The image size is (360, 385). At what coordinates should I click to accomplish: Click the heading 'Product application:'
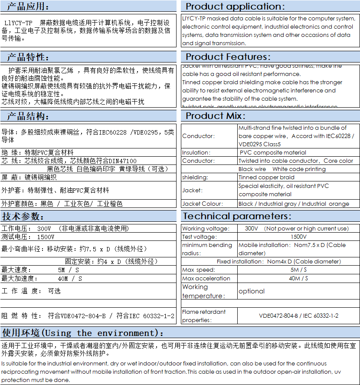pyautogui.click(x=236, y=6)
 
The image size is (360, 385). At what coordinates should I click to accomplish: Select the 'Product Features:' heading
pyautogui.click(x=228, y=57)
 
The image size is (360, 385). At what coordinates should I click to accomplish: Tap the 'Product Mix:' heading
pyautogui.click(x=216, y=116)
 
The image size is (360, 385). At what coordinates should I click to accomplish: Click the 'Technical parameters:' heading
pyautogui.click(x=237, y=216)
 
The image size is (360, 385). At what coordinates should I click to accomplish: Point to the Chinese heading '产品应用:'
pyautogui.click(x=28, y=6)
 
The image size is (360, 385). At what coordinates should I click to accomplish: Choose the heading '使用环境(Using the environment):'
pyautogui.click(x=83, y=333)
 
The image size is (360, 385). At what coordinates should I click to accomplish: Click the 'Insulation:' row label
pyautogui.click(x=196, y=152)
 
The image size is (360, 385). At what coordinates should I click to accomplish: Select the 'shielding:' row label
pyautogui.click(x=195, y=177)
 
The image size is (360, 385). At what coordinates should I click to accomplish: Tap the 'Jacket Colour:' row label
pyautogui.click(x=203, y=204)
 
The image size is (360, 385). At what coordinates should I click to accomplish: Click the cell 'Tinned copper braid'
pyautogui.click(x=266, y=177)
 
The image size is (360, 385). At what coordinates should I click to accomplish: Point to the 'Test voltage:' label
pyautogui.click(x=199, y=237)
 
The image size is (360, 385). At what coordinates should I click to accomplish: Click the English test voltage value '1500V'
pyautogui.click(x=298, y=237)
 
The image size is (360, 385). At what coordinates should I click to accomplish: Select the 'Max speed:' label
pyautogui.click(x=199, y=270)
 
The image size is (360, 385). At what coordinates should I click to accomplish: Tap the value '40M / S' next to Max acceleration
pyautogui.click(x=298, y=278)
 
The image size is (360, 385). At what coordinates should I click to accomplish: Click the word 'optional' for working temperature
pyautogui.click(x=252, y=291)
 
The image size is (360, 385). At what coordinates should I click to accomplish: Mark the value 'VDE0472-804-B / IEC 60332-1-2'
pyautogui.click(x=298, y=316)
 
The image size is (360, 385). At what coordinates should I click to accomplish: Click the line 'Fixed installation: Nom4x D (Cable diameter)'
pyautogui.click(x=279, y=262)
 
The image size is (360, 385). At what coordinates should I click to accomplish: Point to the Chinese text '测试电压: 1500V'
pyautogui.click(x=28, y=237)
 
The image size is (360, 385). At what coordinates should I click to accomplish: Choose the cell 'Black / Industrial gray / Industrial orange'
pyautogui.click(x=294, y=204)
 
